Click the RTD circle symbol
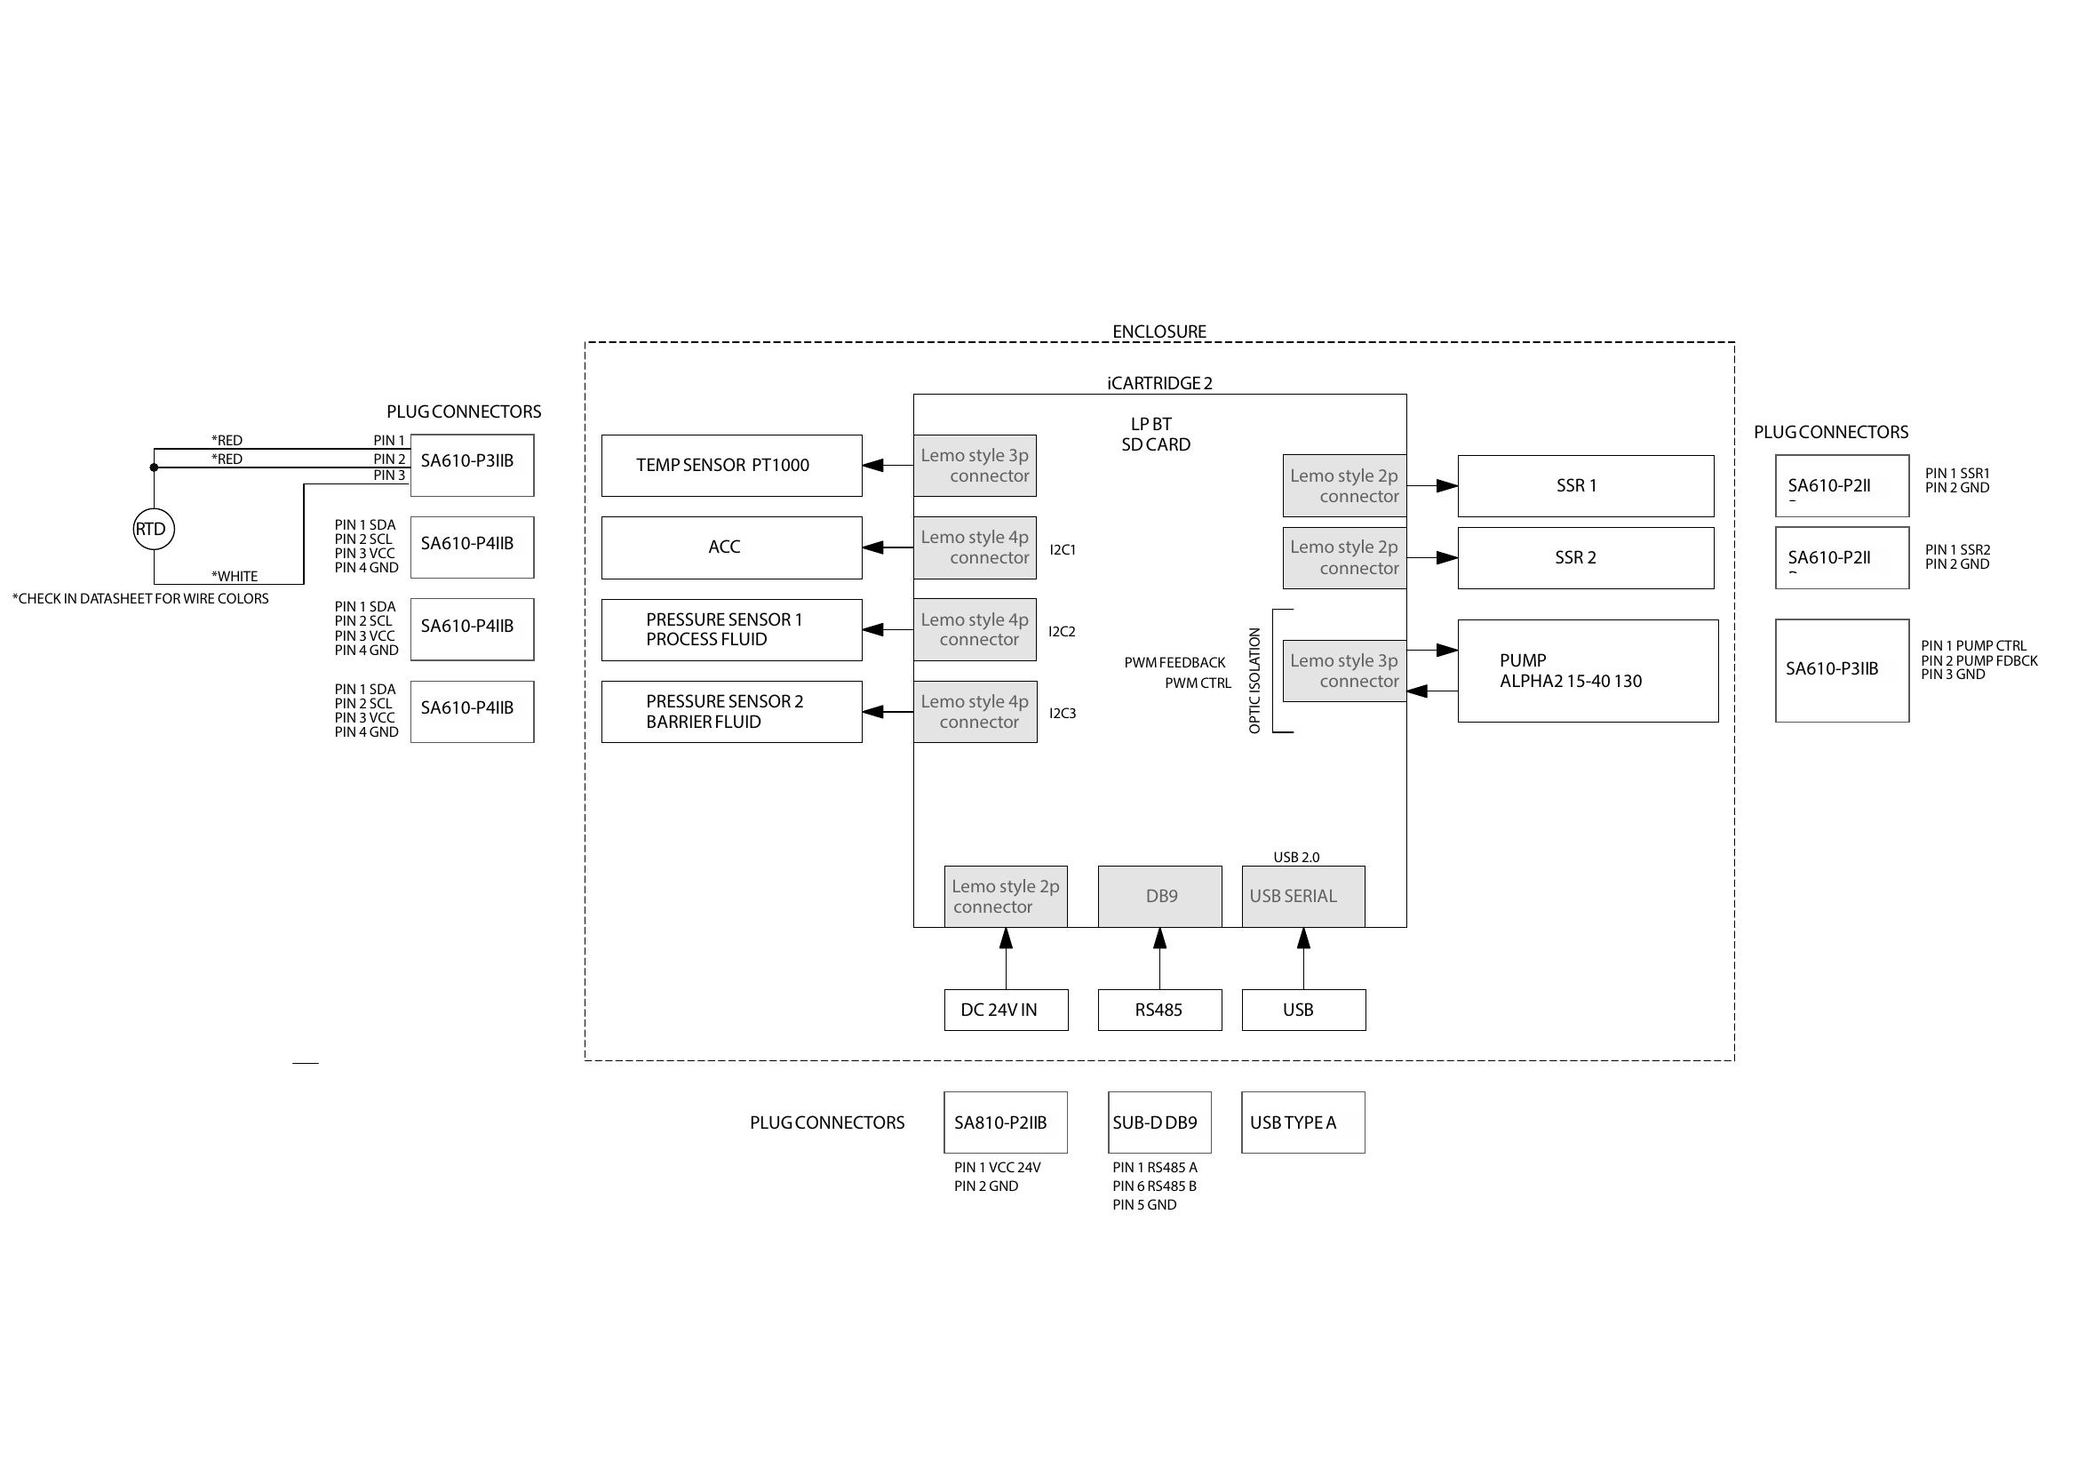(x=153, y=530)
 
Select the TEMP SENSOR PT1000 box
(x=731, y=465)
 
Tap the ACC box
(x=731, y=547)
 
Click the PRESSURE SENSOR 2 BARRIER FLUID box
(x=731, y=712)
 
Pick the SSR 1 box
(x=1585, y=486)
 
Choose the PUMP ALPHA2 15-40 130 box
(x=1588, y=671)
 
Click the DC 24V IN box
(x=1006, y=1011)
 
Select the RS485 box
(x=1159, y=1011)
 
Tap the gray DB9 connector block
(x=1159, y=896)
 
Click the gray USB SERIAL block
(x=1302, y=896)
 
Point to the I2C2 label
(x=1062, y=632)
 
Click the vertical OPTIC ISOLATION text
(x=1254, y=680)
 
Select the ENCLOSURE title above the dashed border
(x=1158, y=332)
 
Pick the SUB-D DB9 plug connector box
(x=1158, y=1122)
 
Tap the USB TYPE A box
(x=1302, y=1122)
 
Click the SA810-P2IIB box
(x=1005, y=1122)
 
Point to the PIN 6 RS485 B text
(x=1154, y=1186)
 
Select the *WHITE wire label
(x=235, y=576)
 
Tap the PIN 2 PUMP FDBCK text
(x=1979, y=660)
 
